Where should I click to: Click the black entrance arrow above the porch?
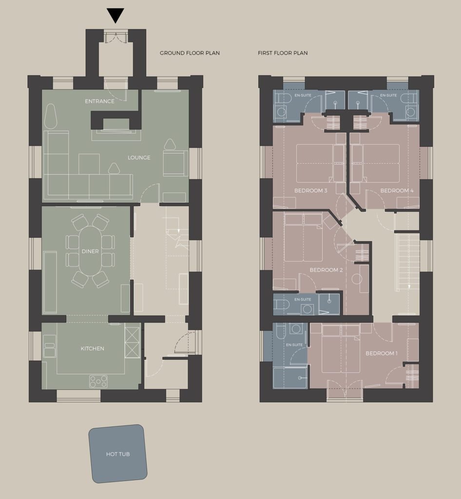(x=115, y=15)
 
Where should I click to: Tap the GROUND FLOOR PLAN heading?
(x=190, y=53)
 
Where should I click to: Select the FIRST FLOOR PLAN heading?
(x=283, y=53)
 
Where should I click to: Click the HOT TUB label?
(x=118, y=454)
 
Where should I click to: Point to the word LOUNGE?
(x=139, y=157)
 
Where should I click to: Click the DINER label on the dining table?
(x=90, y=251)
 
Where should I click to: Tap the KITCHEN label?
(x=92, y=348)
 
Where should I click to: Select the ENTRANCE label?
(x=99, y=101)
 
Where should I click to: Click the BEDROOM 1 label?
(x=382, y=353)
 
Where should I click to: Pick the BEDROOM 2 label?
(x=326, y=270)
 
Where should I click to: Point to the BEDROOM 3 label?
(x=310, y=191)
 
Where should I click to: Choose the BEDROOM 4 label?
(x=397, y=191)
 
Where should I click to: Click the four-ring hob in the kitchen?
(x=98, y=381)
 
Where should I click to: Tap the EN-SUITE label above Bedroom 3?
(x=303, y=95)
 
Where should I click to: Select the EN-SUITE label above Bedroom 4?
(x=388, y=95)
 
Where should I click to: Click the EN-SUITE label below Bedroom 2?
(x=303, y=300)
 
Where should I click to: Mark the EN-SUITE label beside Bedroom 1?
(x=294, y=345)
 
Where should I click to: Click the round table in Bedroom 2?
(x=357, y=279)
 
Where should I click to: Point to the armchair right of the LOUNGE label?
(x=173, y=163)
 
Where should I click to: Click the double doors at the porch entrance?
(x=116, y=37)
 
